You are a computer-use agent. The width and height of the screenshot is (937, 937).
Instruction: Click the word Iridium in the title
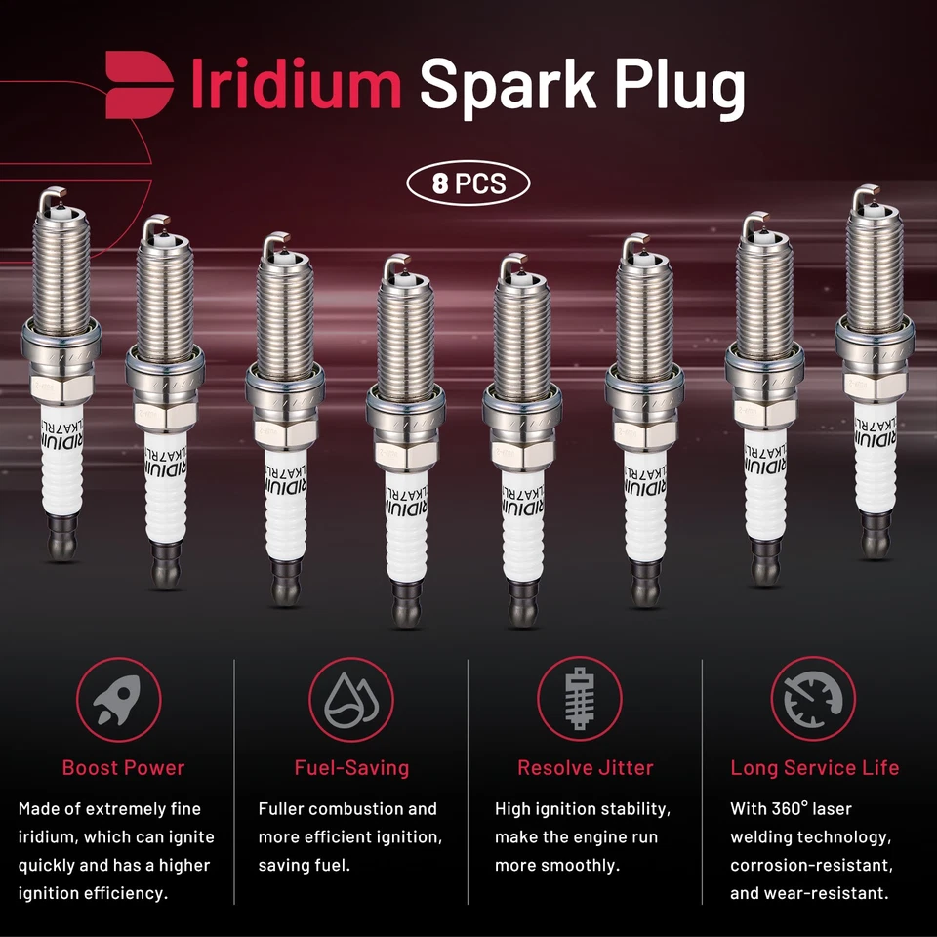[296, 85]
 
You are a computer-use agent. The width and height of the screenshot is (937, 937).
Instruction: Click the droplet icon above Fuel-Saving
[351, 700]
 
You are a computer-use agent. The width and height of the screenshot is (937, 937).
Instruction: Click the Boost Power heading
[123, 767]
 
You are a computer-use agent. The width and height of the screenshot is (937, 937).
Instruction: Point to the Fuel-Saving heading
[351, 767]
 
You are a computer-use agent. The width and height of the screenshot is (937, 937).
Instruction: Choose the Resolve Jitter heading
[585, 767]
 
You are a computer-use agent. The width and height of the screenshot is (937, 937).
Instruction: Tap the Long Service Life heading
[815, 767]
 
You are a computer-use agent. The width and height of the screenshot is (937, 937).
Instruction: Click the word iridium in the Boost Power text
[48, 837]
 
